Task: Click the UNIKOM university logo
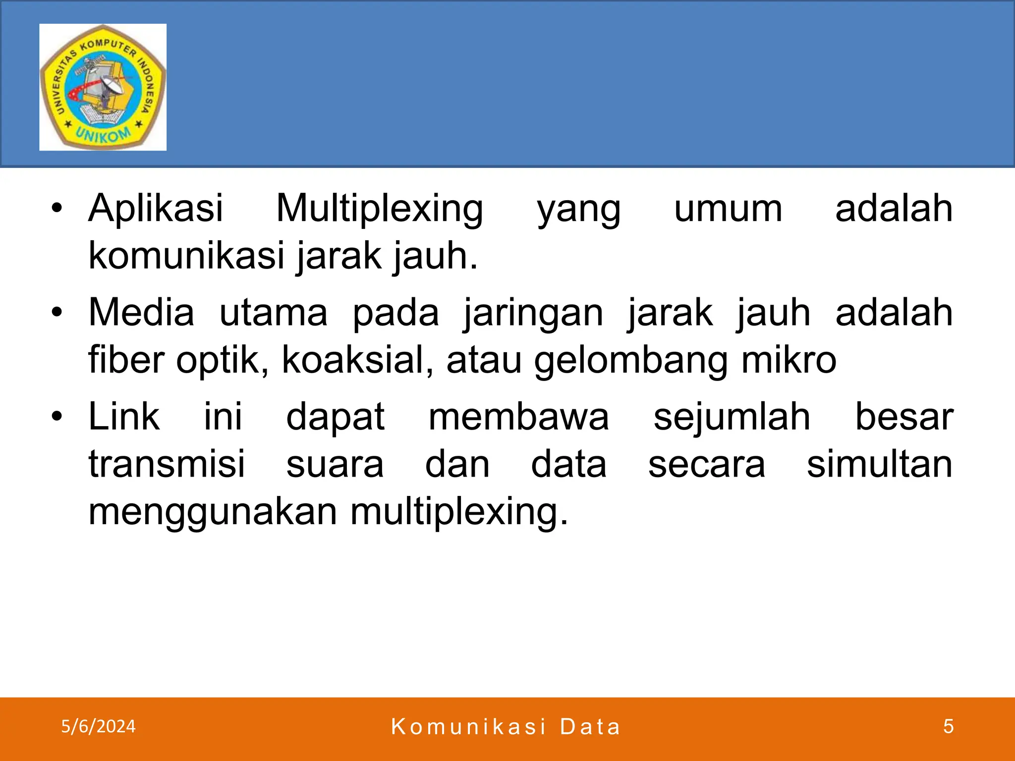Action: [103, 87]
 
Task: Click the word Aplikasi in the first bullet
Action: [156, 208]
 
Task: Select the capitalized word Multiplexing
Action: [380, 209]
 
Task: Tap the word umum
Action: [728, 209]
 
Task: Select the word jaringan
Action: [533, 313]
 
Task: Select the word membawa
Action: [518, 417]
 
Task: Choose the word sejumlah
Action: [732, 417]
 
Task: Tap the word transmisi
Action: [167, 464]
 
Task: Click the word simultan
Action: [879, 464]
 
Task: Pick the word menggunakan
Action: [213, 512]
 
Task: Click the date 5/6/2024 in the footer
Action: [98, 726]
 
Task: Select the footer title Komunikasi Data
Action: [506, 727]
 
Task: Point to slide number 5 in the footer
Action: [948, 726]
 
